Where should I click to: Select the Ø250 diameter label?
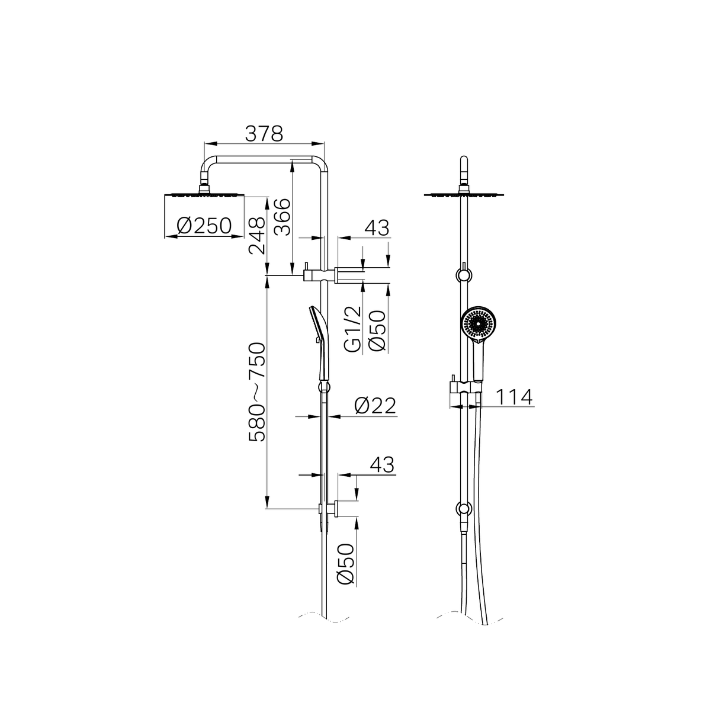pos(204,226)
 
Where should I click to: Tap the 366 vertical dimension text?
pos(284,217)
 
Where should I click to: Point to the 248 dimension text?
pos(257,235)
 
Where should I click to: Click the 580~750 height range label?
pos(257,392)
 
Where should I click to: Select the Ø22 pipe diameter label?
pos(375,406)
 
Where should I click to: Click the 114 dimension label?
pos(513,397)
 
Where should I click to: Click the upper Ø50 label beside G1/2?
pos(377,330)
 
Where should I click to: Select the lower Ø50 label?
pos(346,563)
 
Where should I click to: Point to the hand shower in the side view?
pos(317,343)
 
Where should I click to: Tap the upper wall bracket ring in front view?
pos(463,275)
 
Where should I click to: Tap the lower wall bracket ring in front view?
pos(463,509)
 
